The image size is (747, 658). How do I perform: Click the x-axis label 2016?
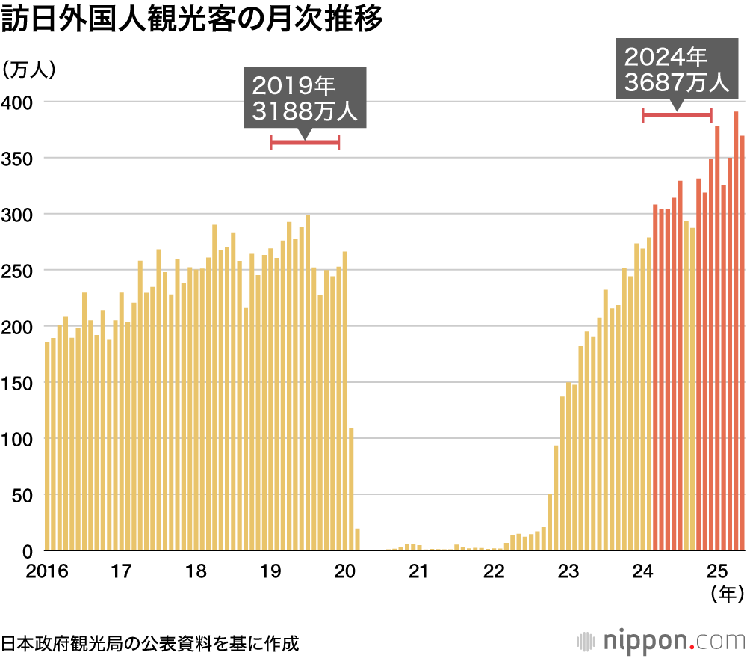click(x=46, y=572)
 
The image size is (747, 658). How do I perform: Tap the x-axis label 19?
click(x=270, y=572)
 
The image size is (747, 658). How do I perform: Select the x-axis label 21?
click(x=419, y=572)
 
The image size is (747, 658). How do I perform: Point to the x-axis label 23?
click(x=568, y=572)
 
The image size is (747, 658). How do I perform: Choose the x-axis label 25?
click(x=717, y=572)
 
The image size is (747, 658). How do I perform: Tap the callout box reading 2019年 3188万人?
click(x=305, y=97)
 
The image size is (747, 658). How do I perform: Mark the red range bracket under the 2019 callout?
click(x=305, y=143)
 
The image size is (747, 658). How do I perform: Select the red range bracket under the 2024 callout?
click(x=677, y=114)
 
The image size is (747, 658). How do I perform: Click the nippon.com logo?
click(x=662, y=641)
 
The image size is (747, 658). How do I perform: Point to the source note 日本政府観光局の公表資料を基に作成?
click(x=149, y=642)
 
